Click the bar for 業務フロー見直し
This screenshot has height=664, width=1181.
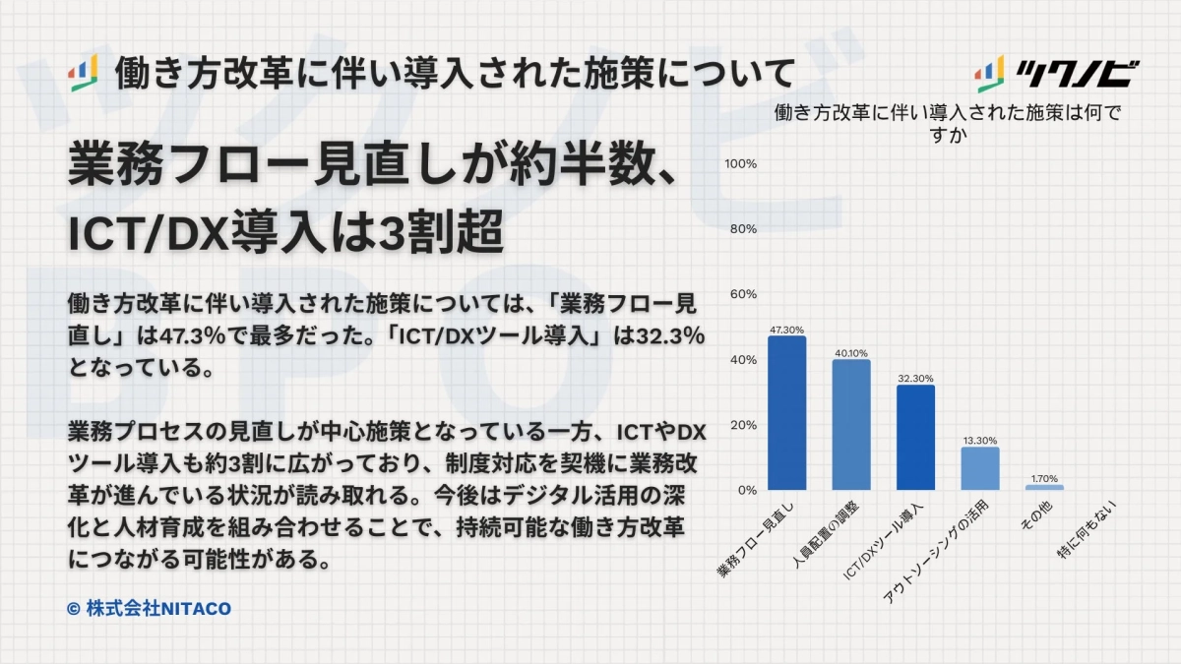point(786,413)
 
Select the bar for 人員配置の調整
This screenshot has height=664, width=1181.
point(851,425)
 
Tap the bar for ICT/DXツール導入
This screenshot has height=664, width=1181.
point(915,438)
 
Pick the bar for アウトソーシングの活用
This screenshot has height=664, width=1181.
point(980,468)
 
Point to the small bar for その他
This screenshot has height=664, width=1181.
point(1044,487)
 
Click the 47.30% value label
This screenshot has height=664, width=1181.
point(786,330)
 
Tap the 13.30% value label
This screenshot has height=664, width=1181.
point(980,441)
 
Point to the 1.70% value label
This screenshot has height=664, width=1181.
point(1044,478)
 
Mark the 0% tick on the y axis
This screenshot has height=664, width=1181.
point(745,490)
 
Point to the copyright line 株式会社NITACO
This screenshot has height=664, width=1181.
point(149,609)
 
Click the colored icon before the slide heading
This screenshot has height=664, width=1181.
point(83,74)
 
